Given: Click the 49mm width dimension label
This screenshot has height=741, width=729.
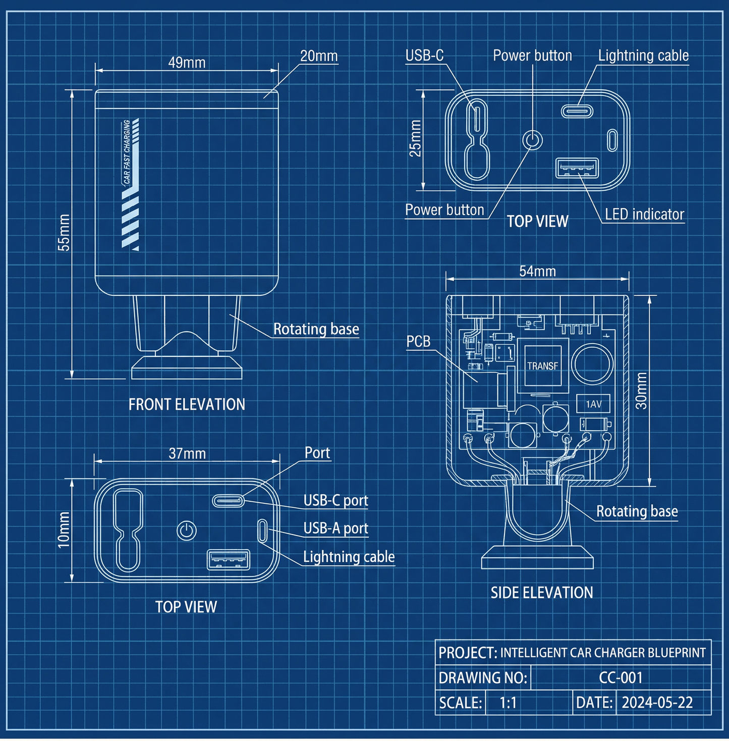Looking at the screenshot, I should [187, 63].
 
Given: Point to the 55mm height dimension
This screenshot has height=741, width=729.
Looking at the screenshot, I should [64, 233].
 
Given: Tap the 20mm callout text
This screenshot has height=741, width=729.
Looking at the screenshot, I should [319, 56].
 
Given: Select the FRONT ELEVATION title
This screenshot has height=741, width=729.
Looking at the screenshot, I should [187, 404].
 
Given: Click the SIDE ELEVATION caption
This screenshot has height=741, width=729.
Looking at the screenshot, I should [542, 593].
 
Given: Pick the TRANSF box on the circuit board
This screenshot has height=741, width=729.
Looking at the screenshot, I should [543, 366].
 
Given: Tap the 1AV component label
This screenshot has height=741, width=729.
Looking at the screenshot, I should [593, 404].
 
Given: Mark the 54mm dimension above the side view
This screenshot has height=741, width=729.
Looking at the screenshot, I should [538, 272].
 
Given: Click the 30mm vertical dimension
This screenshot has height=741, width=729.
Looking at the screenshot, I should [641, 391].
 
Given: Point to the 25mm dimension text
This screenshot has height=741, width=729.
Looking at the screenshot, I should [415, 138].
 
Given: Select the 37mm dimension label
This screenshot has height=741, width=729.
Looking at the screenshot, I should [187, 454].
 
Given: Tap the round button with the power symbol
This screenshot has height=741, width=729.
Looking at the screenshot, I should [187, 531].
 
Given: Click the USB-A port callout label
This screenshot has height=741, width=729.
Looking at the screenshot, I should [335, 528].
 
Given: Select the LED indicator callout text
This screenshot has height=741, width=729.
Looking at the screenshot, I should [644, 215].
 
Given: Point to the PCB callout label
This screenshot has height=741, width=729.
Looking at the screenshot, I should [419, 342].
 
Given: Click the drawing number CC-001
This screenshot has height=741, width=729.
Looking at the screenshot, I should [621, 677].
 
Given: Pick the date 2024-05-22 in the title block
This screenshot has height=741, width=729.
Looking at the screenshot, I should [657, 703].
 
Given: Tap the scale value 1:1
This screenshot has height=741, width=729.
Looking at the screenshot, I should [508, 703].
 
